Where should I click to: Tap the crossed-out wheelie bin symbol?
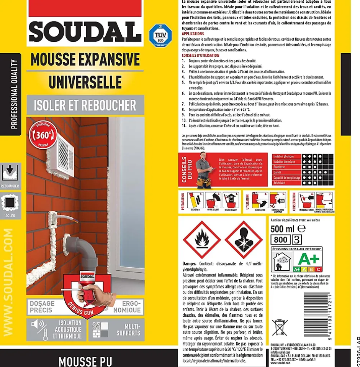[279, 327]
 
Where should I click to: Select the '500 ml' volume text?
[282, 229]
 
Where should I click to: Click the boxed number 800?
[280, 240]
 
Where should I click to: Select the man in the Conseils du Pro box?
[203, 170]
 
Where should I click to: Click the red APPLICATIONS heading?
[193, 34]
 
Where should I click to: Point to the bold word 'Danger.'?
[190, 263]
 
